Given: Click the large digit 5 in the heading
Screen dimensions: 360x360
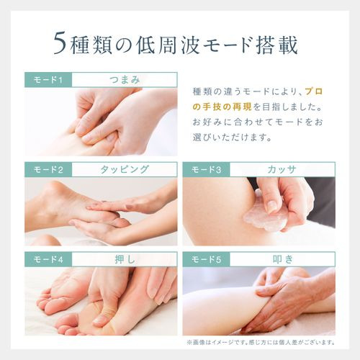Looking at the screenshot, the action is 60,43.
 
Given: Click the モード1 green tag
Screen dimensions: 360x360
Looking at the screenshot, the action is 48,79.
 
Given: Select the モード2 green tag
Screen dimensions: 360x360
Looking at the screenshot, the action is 48,169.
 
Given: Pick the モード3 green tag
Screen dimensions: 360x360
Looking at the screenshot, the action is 206,169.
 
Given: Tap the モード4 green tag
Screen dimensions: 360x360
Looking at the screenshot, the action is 48,259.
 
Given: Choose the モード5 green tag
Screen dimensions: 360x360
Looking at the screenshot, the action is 206,259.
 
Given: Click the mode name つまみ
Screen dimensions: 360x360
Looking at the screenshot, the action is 125,79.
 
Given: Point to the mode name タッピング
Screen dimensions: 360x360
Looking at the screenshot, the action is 125,169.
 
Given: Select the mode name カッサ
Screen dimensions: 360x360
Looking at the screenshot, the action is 282,169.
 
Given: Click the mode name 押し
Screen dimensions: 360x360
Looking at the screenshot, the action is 125,259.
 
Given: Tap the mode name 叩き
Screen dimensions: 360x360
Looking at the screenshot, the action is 283,259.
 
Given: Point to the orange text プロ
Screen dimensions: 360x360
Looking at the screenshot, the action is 313,91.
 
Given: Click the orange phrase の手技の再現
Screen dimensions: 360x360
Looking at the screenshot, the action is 222,107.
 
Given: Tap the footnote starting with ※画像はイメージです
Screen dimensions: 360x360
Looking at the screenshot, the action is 261,343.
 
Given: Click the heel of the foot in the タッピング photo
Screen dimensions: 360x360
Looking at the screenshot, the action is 52,192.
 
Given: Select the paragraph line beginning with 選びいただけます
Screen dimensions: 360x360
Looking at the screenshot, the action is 233,138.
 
